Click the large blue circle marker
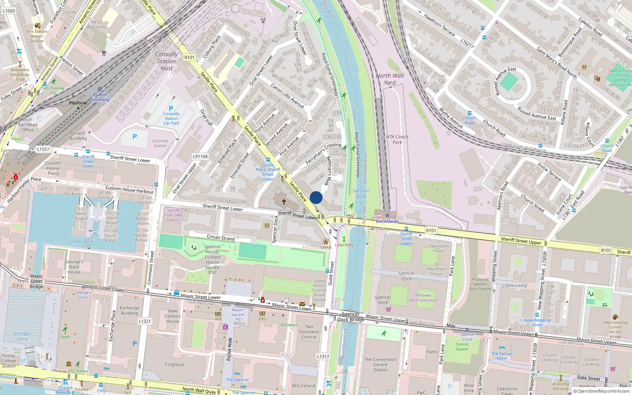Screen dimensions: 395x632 (x=316, y=197)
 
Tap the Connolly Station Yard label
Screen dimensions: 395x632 (x=166, y=61)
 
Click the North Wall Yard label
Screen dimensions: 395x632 (x=390, y=79)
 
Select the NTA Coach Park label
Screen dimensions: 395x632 (x=397, y=139)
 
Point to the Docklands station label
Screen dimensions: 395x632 (x=387, y=221)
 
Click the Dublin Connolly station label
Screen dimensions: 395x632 (x=100, y=97)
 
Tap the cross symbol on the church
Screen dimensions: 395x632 (x=284, y=201)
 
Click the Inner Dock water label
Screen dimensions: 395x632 (x=82, y=241)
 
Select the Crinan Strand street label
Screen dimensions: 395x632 (x=221, y=237)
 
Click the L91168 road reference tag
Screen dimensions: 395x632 (x=200, y=156)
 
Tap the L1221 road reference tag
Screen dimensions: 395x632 (x=145, y=321)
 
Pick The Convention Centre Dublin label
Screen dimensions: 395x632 (x=380, y=365)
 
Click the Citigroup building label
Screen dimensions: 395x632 (x=174, y=364)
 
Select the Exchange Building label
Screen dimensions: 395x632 (x=130, y=310)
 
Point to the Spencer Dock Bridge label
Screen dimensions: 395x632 (x=351, y=317)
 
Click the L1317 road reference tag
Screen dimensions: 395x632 (x=323, y=356)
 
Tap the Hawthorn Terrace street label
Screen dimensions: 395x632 (x=439, y=25)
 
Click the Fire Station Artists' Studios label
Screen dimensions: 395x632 (x=37, y=36)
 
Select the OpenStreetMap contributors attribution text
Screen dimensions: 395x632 (x=603, y=391)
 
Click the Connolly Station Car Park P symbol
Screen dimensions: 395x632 (x=171, y=109)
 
